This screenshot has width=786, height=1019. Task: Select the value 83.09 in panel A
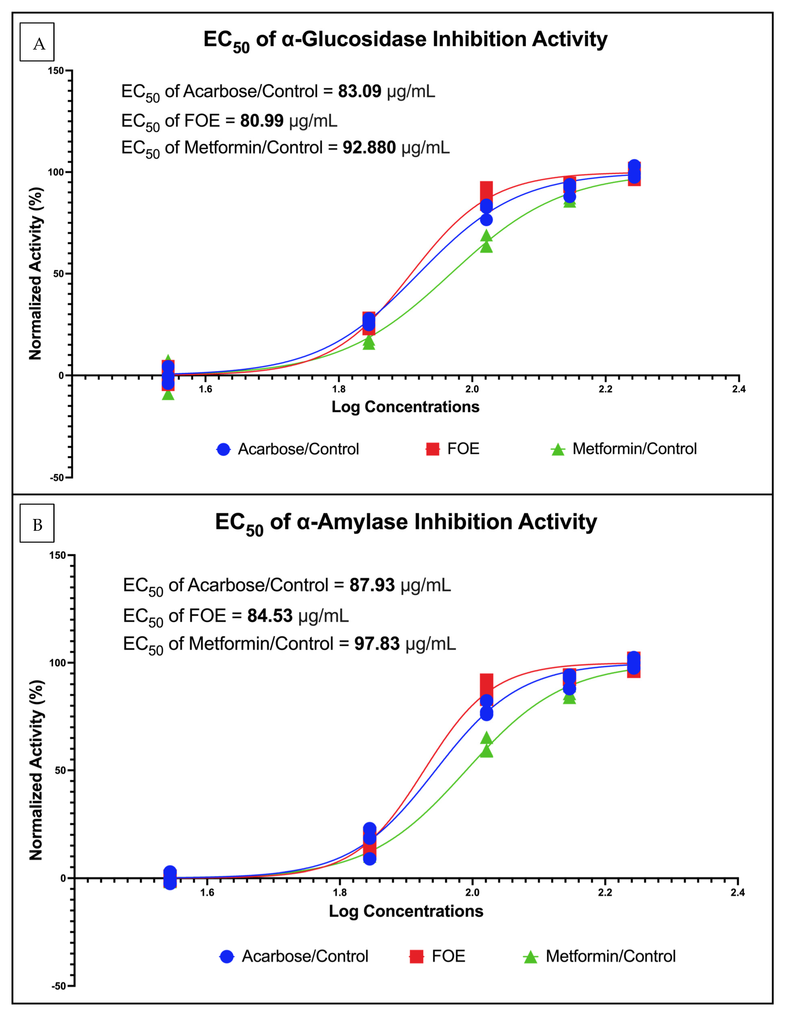(359, 91)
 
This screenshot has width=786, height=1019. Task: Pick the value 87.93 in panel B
(372, 585)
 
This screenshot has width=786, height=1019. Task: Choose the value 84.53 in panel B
(270, 615)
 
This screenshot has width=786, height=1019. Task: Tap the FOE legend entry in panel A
(453, 449)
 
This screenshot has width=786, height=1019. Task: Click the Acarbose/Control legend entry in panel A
(288, 449)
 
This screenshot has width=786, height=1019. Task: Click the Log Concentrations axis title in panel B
(406, 911)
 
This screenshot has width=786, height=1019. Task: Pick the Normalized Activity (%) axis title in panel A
(35, 274)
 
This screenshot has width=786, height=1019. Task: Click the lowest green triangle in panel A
(168, 395)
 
